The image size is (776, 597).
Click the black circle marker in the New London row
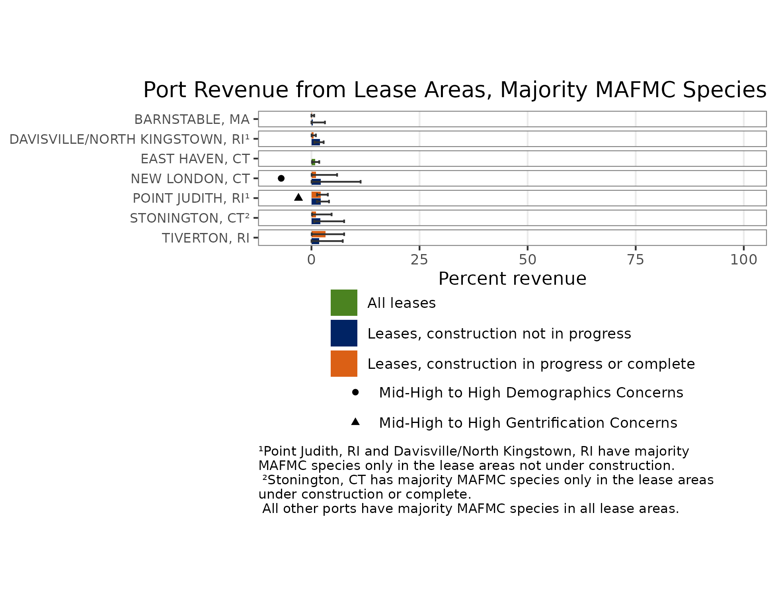pos(281,178)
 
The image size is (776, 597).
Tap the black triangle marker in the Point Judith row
pos(298,197)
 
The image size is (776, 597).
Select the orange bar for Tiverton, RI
pos(318,234)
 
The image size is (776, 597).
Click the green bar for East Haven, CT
pos(313,162)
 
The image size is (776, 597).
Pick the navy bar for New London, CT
pos(316,182)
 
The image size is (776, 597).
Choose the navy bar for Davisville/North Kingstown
pos(316,142)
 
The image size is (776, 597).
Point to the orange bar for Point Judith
pos(316,195)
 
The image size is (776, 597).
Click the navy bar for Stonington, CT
pos(316,221)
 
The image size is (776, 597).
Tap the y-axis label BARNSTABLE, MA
pos(192,119)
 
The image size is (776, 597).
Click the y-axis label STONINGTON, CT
pos(189,218)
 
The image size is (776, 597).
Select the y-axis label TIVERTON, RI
pos(205,238)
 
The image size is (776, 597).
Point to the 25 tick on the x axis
pos(419,260)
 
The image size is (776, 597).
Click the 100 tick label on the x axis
pos(743,260)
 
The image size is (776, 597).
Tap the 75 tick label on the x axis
pos(635,260)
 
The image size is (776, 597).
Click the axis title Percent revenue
pos(512,279)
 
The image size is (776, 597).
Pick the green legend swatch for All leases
pos(344,303)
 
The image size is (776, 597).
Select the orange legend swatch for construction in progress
pos(344,364)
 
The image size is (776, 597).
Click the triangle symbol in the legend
pos(355,422)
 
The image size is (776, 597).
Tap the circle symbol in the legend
pos(355,392)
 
